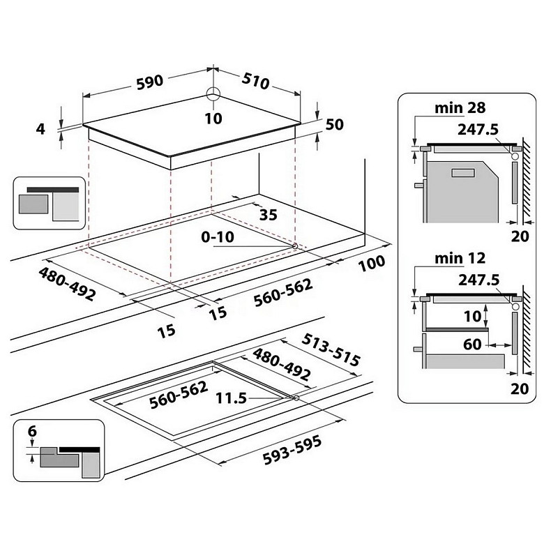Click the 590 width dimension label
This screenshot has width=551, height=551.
coord(150,82)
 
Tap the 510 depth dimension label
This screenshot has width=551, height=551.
coord(255,81)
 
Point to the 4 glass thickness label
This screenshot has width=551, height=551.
coord(40,129)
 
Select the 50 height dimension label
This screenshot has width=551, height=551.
coord(334,124)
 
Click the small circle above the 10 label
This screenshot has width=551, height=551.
coord(213,94)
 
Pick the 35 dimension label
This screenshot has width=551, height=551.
coord(268,214)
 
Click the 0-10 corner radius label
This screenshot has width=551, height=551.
coord(218,237)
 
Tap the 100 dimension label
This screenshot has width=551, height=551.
coord(372,263)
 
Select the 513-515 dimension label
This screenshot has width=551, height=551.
coord(331,349)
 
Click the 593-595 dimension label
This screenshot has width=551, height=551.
coord(292,449)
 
